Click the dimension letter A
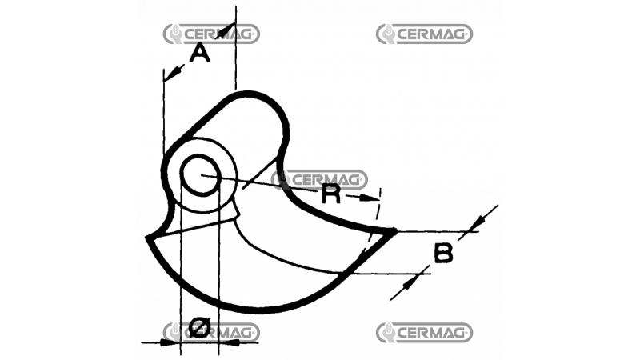point(200,54)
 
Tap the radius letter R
point(330,194)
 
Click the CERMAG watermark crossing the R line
point(320,179)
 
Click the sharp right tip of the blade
point(394,231)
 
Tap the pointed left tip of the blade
point(146,238)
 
